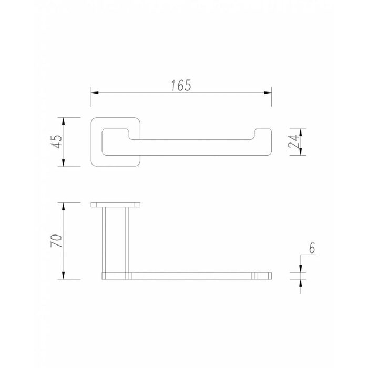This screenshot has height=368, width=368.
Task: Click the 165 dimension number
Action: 181,85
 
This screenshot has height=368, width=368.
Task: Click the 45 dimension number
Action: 57,141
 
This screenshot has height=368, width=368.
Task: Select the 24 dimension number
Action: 294,141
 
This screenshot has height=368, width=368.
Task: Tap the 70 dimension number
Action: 57,240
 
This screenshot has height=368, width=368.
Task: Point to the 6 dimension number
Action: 312,248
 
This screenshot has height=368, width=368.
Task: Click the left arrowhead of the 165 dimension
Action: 95,93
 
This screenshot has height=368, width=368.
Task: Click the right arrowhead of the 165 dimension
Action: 268,93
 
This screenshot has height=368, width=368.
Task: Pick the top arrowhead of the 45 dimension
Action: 64,121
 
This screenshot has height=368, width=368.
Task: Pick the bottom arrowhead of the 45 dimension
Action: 64,163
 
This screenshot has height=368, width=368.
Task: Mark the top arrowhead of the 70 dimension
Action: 64,207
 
